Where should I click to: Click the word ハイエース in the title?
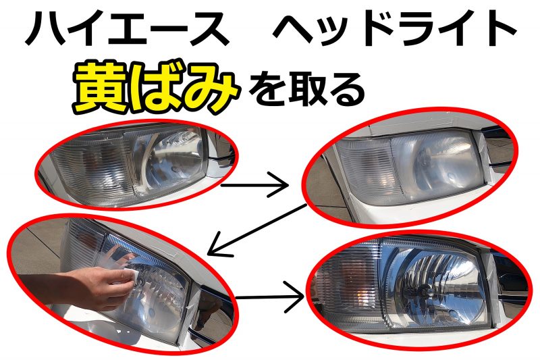(x=127, y=28)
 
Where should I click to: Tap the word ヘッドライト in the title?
(x=395, y=28)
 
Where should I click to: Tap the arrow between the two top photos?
(x=254, y=185)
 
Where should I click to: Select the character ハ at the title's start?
(x=44, y=29)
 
